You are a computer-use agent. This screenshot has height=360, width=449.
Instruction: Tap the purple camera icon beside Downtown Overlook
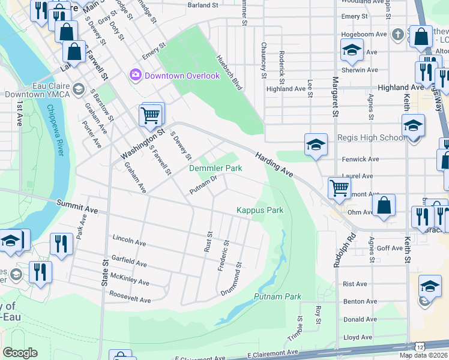click(135, 75)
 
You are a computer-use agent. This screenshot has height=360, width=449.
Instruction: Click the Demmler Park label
click(216, 169)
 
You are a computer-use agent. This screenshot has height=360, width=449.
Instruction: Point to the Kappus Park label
click(259, 210)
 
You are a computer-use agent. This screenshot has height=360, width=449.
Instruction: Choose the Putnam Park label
click(277, 296)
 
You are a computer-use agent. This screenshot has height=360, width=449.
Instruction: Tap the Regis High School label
click(371, 138)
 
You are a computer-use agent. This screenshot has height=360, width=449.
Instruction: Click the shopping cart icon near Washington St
click(151, 114)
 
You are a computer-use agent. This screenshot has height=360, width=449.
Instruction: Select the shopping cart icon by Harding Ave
click(339, 188)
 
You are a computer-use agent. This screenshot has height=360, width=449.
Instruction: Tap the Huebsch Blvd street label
click(229, 73)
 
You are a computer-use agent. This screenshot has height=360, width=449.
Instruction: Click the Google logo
click(20, 353)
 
